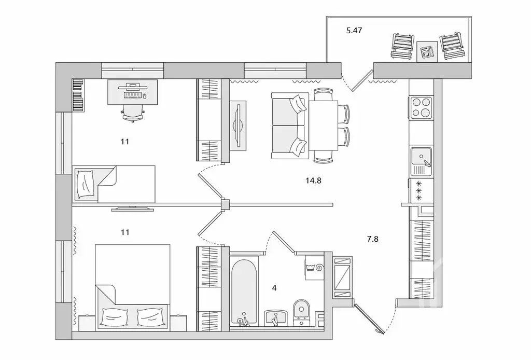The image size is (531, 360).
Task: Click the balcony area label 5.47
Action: tap(354, 31)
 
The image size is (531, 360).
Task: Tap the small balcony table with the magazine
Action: tap(428, 51)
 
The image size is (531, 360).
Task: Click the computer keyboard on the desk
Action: tap(133, 95)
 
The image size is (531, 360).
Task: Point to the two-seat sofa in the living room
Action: tap(290, 125)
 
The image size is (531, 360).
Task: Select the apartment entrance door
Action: tap(370, 319)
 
